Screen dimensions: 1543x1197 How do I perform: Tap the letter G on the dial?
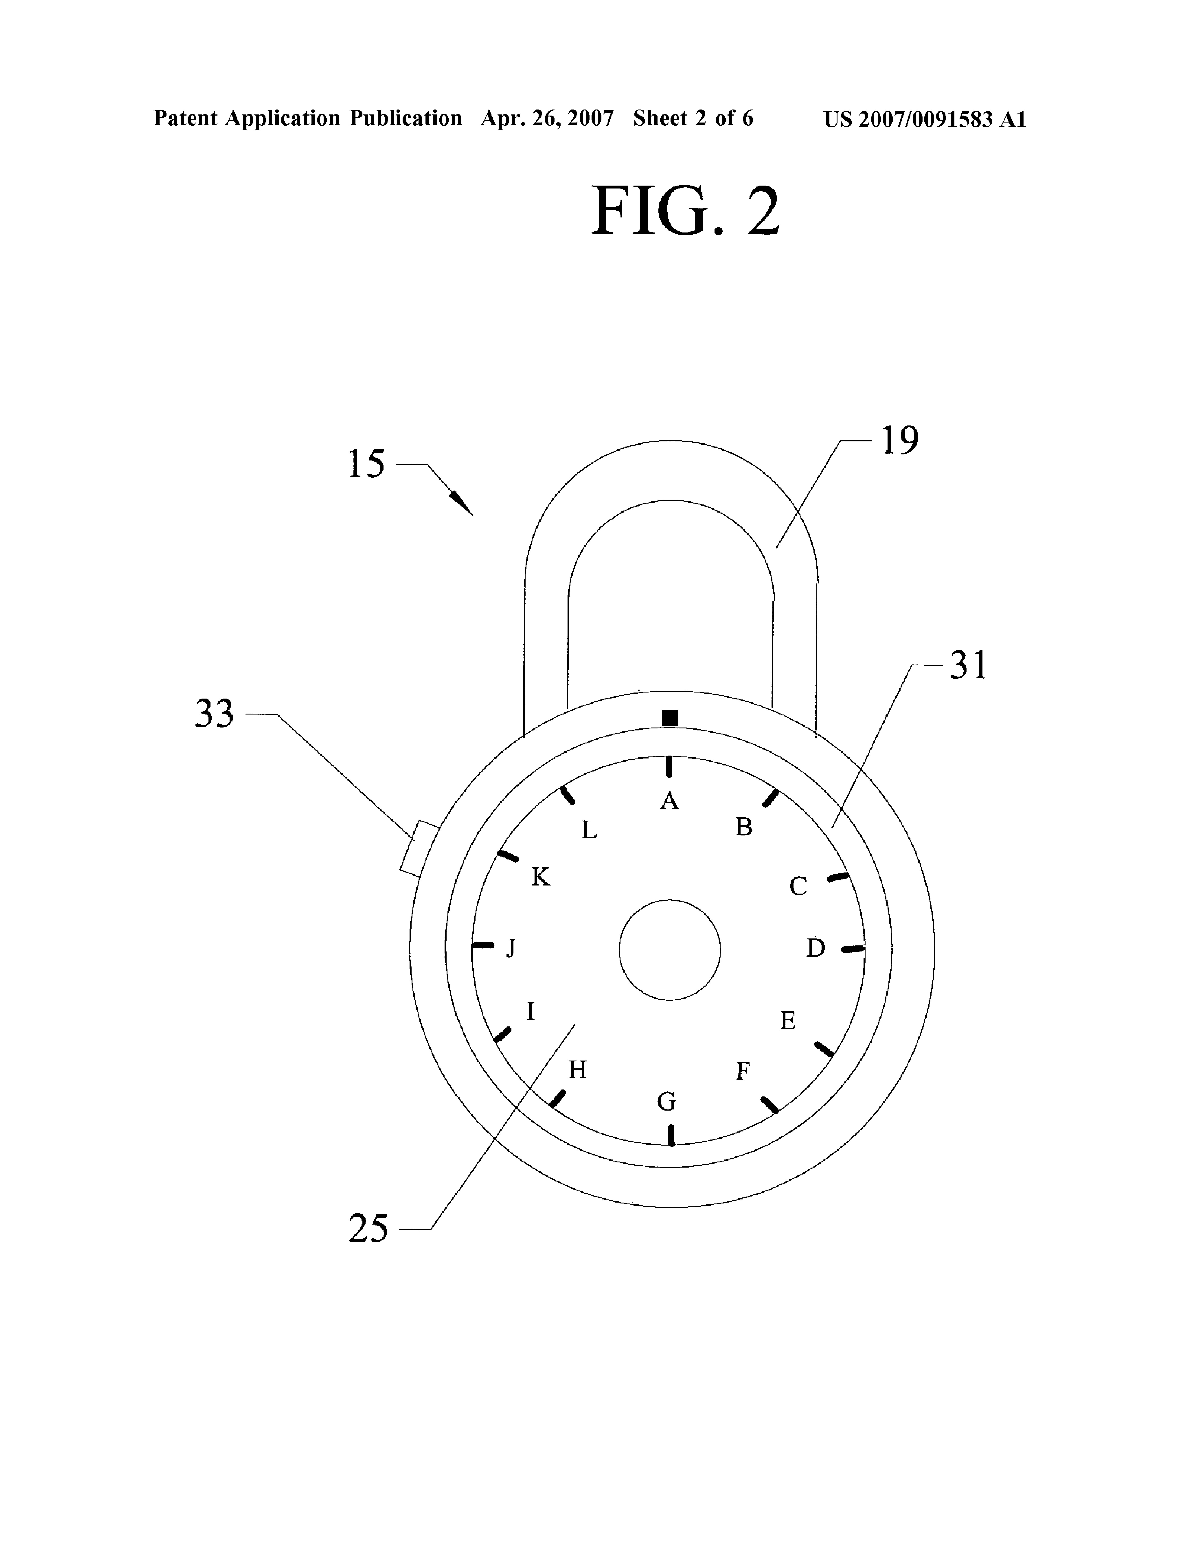666,1101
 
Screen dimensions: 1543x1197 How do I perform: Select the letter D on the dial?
816,948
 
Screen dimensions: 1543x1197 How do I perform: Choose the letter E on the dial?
787,1021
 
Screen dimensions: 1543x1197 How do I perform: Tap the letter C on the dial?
798,886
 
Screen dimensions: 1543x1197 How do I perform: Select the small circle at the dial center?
669,949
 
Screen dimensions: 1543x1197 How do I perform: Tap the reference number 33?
214,714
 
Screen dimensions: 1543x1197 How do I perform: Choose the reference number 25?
368,1228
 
